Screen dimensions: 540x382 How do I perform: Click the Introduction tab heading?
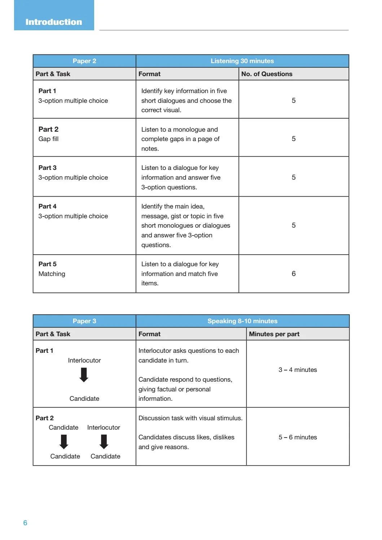coord(54,22)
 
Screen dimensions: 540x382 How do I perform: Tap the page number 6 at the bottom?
coord(25,523)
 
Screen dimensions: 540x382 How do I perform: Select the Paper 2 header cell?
coord(84,61)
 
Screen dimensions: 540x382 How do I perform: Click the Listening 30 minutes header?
coord(242,61)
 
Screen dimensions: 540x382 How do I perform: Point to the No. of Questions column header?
coord(267,74)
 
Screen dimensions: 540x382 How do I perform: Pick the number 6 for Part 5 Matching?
coord(293,273)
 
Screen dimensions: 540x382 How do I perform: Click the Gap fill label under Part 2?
coord(48,139)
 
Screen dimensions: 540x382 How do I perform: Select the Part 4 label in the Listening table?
coord(47,206)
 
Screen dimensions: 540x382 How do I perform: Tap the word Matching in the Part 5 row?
coord(52,274)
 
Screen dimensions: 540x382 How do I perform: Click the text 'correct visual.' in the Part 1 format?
coord(161,110)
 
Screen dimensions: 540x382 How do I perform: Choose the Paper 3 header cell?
coord(84,321)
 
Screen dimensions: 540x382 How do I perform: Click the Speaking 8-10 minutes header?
coord(242,321)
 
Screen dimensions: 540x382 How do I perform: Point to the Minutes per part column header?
coord(274,334)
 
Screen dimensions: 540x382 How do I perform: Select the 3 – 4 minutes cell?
coord(298,370)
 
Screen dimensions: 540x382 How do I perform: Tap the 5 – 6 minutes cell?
coord(298,437)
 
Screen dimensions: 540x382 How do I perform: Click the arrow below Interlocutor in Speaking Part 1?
coord(84,375)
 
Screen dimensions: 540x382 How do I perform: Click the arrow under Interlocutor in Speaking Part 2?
coord(104,442)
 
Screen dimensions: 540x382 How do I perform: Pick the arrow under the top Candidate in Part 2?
coord(64,442)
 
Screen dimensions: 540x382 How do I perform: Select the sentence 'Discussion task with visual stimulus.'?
coord(190,418)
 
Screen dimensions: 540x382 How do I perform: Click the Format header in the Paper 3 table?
coord(149,334)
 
